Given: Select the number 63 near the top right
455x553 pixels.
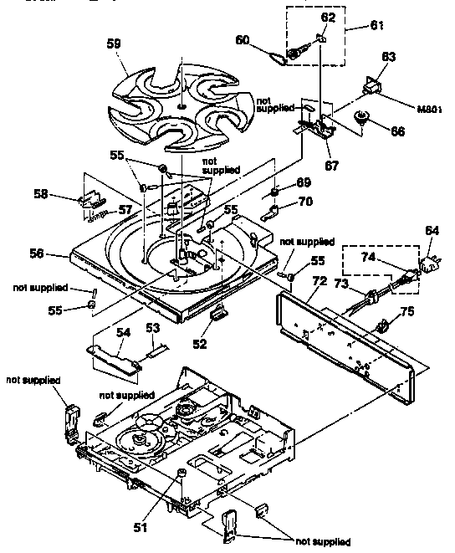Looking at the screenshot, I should pos(388,57).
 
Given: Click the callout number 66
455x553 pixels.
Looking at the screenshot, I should pos(396,131).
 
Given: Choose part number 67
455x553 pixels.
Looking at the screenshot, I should pos(332,165).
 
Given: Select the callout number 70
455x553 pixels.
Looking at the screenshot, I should pos(304,201).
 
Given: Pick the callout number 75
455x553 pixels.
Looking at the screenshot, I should pos(408,314).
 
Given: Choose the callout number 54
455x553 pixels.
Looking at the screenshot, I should pos(123,333).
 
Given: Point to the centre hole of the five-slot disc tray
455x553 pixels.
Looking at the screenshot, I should pos(181,106).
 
